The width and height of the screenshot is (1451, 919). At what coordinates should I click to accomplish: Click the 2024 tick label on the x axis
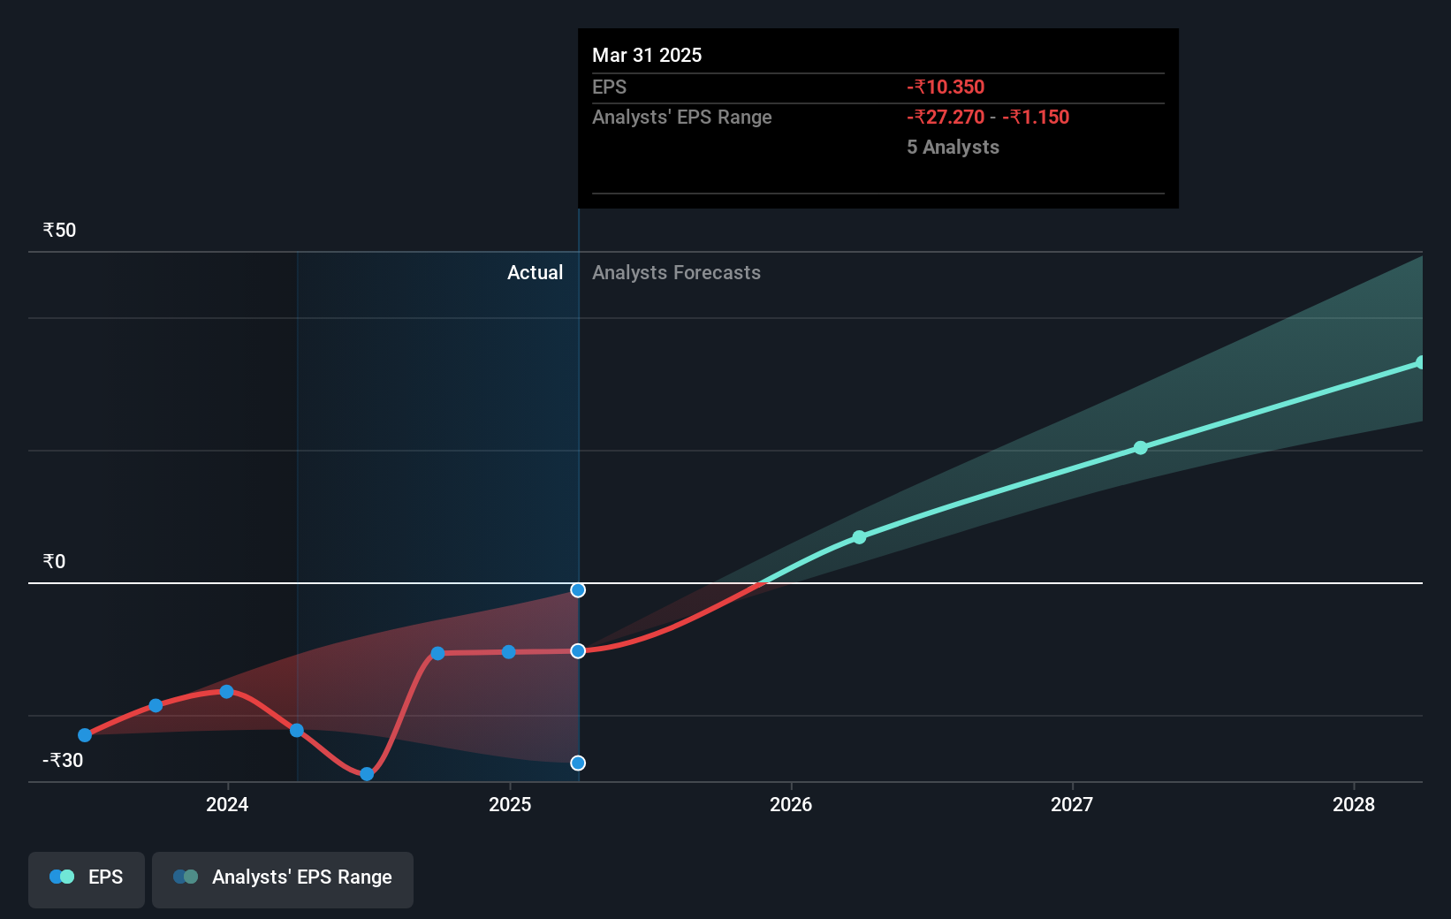(x=227, y=804)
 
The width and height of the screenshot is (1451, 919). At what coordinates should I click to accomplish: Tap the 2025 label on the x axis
(x=510, y=804)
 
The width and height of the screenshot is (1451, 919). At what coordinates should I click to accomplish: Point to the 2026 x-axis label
(x=791, y=804)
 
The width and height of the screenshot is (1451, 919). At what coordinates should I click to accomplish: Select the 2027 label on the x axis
(x=1072, y=804)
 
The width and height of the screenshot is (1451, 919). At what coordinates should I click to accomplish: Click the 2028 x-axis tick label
(x=1354, y=804)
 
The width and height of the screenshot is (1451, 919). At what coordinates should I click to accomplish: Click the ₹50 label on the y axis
(x=59, y=231)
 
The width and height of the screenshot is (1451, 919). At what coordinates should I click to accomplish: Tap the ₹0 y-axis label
(x=54, y=562)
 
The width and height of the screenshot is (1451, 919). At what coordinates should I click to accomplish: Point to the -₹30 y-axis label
(x=63, y=760)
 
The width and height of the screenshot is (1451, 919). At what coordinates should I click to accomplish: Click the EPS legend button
(x=87, y=877)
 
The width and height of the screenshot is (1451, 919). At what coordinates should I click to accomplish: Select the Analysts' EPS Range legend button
(x=283, y=877)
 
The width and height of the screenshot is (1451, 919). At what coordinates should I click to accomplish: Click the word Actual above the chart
(x=535, y=273)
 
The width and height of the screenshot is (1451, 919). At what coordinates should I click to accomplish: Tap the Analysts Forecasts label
(x=676, y=273)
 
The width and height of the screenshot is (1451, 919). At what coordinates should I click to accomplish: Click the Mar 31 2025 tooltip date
(x=647, y=55)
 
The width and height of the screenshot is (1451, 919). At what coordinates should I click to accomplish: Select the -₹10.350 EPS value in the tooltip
(x=946, y=87)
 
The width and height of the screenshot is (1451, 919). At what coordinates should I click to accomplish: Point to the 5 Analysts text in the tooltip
(x=953, y=147)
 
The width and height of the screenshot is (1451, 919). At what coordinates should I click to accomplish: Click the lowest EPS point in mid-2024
(x=367, y=774)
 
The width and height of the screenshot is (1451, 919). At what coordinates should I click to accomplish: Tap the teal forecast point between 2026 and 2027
(x=859, y=536)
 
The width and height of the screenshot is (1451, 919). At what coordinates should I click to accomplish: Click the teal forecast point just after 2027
(x=1141, y=448)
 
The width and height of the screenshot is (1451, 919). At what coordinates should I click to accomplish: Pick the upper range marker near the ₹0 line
(x=578, y=590)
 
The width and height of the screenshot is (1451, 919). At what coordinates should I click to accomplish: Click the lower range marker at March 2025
(x=578, y=763)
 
